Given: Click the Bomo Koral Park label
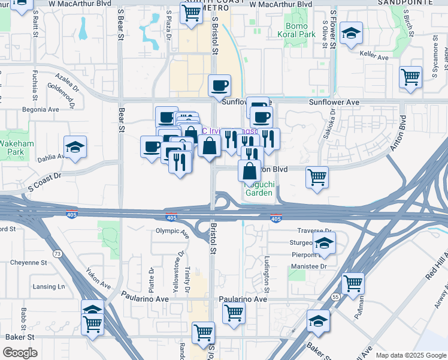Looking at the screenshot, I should (296, 30).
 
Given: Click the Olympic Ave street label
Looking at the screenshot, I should (172, 232).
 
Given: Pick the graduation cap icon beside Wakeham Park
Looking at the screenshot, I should (75, 147).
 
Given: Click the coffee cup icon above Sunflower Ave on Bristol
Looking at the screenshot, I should (219, 85).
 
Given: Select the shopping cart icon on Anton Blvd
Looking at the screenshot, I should (317, 177).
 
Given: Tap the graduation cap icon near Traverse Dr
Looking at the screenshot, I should (324, 243).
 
